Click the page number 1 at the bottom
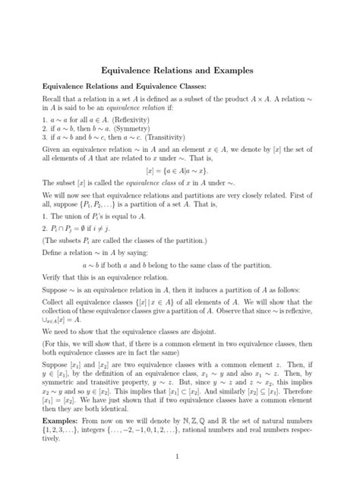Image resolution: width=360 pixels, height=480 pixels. pos(180,456)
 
